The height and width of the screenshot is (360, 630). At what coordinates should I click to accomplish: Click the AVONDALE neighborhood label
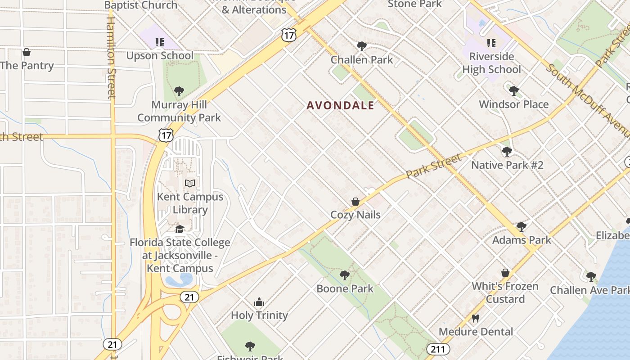[x=340, y=105]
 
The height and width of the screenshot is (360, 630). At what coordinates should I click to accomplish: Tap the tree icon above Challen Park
[x=361, y=46]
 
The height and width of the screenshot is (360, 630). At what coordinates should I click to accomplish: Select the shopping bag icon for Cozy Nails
[x=355, y=202]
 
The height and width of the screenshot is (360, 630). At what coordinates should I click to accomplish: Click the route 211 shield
[x=437, y=349]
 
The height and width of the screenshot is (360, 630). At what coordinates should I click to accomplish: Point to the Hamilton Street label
[x=111, y=56]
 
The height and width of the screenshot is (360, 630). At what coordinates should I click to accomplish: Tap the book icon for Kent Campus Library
[x=190, y=184]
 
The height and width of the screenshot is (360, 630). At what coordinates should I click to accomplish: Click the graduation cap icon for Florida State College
[x=180, y=229]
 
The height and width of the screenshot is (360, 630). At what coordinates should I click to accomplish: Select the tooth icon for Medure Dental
[x=475, y=319]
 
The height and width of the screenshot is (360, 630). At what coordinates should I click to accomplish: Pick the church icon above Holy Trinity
[x=259, y=302]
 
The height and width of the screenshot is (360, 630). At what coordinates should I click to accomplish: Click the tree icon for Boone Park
[x=345, y=275]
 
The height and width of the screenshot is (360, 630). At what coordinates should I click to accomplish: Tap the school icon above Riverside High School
[x=491, y=43]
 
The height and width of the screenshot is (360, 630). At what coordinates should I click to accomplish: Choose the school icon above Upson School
[x=159, y=42]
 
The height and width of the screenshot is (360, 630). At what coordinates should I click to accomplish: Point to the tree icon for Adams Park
[x=521, y=226]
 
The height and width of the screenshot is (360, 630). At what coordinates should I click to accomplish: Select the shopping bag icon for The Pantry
[x=27, y=53]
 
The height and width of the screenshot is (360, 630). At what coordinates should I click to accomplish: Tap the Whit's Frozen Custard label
[x=505, y=292]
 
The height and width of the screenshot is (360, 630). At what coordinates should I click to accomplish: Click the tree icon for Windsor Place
[x=513, y=91]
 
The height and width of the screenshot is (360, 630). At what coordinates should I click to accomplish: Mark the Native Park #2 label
[x=507, y=165]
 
